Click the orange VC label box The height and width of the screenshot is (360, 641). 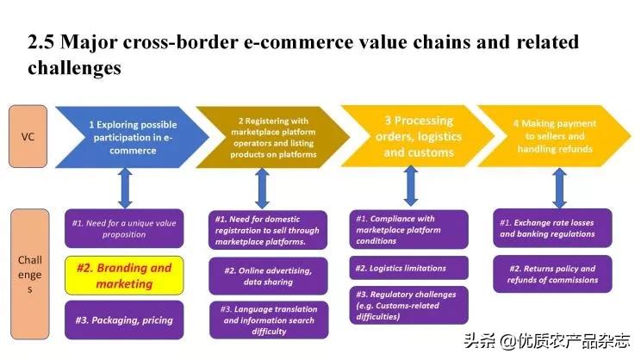point(28,136)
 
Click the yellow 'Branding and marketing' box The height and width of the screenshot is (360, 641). point(123,275)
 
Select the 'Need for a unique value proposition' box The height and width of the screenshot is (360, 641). point(123,228)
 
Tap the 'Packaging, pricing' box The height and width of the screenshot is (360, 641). point(123,320)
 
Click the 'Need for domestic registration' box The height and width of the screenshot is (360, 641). point(267,230)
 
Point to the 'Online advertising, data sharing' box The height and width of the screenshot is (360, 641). point(267,276)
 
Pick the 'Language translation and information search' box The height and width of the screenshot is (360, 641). point(267,320)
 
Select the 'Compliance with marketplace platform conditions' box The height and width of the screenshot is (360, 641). point(410,230)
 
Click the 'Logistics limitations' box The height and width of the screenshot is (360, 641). point(410,268)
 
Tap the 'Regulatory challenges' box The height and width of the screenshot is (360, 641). point(410,305)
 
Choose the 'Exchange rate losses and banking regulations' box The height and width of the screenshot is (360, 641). point(549,228)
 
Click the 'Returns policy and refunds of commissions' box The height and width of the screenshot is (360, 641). point(549,274)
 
